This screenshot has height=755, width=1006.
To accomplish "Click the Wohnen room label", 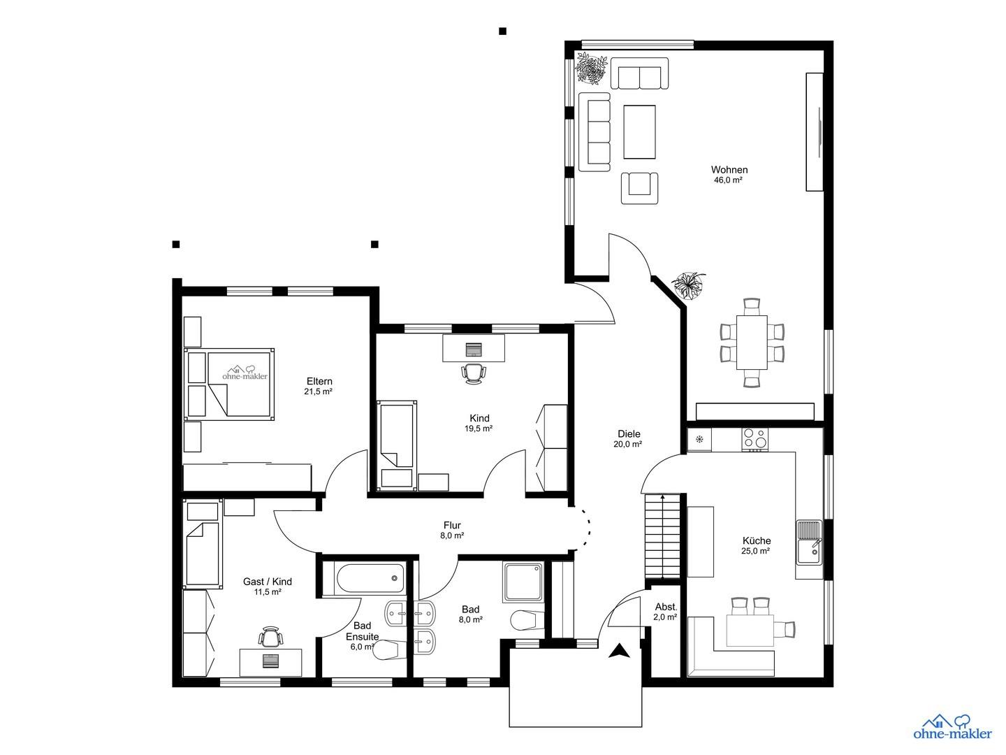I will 729,170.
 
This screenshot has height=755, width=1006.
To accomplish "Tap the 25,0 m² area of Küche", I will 755,551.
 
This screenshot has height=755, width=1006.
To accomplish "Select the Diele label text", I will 628,433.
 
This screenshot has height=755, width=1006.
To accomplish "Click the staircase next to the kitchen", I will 662,535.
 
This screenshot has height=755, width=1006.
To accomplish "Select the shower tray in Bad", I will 523,582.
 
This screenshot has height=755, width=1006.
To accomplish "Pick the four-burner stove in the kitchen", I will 754,438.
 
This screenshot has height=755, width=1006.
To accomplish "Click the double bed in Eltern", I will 229,384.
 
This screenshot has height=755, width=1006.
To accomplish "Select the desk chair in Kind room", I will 474,373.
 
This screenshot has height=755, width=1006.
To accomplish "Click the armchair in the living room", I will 639,187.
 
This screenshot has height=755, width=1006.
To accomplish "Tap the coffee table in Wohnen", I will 639,131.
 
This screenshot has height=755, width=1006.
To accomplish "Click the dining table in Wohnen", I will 752,343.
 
